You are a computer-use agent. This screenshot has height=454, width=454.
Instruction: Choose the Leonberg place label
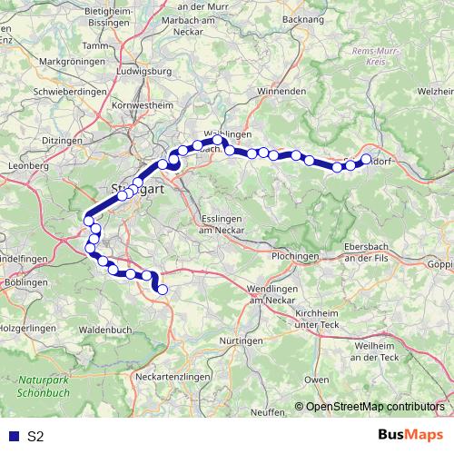(x=26, y=166)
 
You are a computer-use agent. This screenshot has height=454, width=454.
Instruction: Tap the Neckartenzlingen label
(x=173, y=375)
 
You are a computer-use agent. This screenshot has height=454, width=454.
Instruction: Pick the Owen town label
(x=316, y=379)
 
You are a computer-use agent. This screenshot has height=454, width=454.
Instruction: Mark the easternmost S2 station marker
(x=367, y=159)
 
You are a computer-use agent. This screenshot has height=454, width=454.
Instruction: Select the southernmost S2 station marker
(x=163, y=291)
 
